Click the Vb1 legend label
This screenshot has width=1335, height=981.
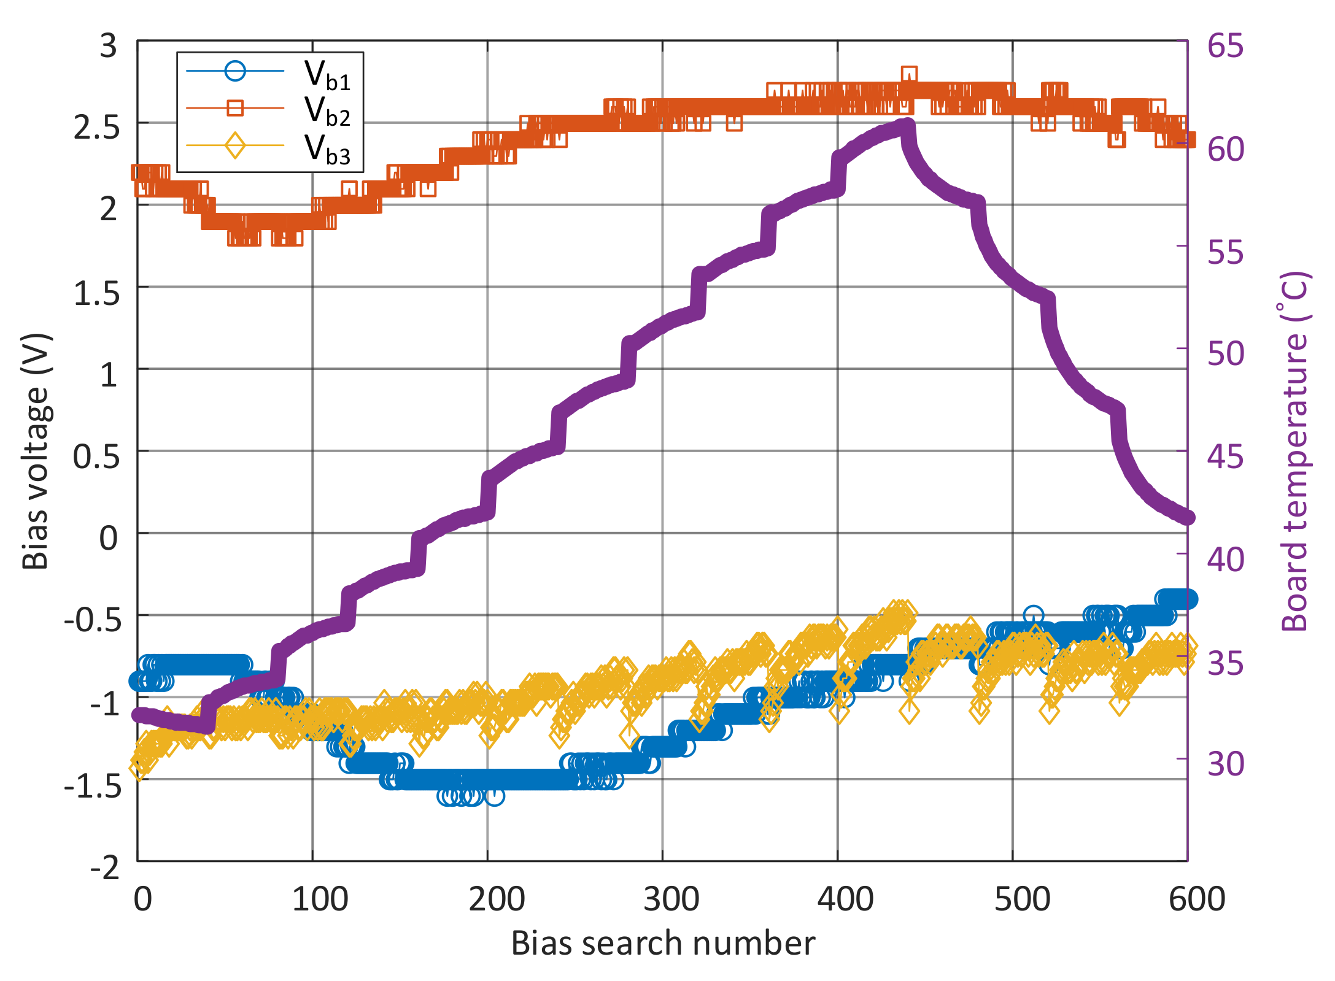point(328,75)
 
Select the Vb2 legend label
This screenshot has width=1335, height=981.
point(328,111)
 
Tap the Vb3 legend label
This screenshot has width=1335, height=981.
point(328,149)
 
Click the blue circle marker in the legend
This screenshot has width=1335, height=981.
point(235,71)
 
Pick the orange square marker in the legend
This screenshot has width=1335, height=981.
point(235,108)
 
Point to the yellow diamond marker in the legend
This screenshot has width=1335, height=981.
point(235,145)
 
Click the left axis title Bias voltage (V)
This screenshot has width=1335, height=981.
point(36,451)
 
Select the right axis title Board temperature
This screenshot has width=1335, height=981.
point(1295,451)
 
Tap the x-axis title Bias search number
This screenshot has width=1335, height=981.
point(663,944)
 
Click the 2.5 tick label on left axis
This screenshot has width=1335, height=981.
point(96,128)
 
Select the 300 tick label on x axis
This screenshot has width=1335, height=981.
point(671,899)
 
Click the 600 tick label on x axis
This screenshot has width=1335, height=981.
point(1196,899)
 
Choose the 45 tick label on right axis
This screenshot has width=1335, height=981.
point(1225,456)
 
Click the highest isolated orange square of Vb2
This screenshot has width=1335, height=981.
point(909,75)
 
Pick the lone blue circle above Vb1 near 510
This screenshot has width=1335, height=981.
point(1034,615)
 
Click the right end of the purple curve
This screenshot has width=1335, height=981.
point(1188,518)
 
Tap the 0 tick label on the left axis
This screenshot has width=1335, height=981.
point(109,538)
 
